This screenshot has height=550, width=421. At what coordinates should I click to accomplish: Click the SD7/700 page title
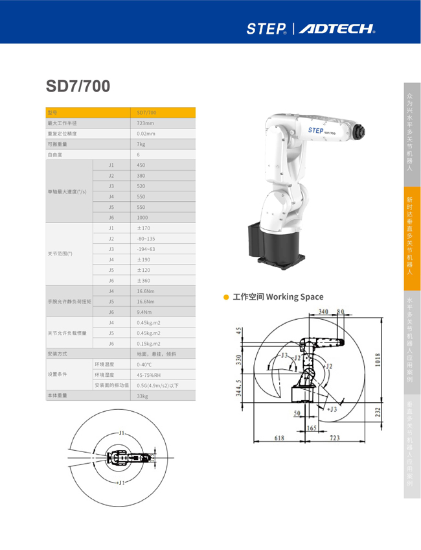(x=78, y=86)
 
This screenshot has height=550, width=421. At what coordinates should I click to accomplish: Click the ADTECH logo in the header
(x=337, y=29)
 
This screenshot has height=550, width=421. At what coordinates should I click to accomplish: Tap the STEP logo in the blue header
(x=266, y=29)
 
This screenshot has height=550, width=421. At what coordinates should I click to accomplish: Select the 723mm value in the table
(x=146, y=123)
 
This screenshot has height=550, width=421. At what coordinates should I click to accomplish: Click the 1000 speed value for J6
(x=143, y=218)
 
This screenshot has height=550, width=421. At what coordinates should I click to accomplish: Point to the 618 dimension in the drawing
(x=280, y=438)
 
